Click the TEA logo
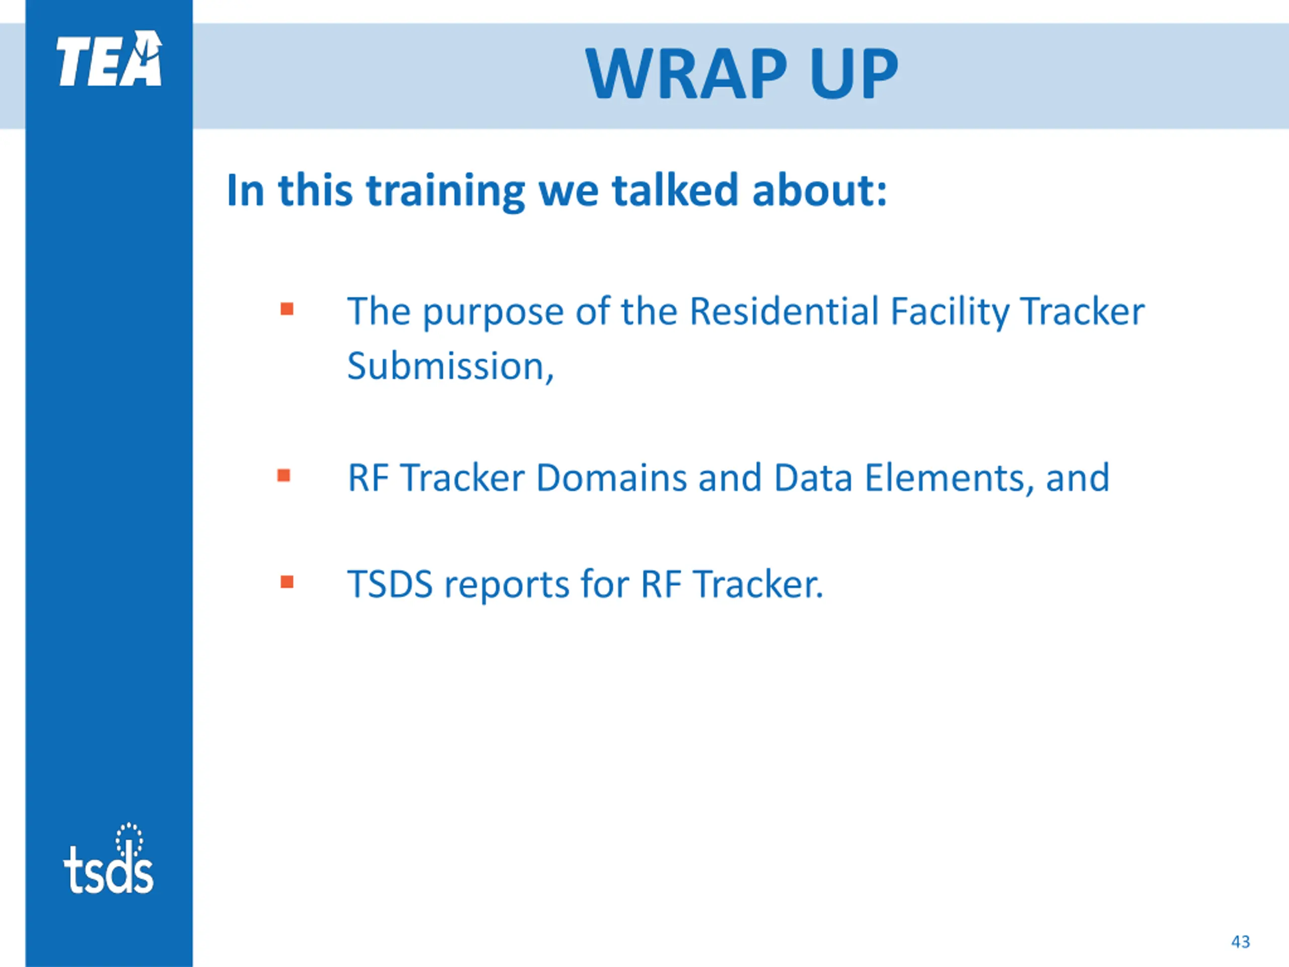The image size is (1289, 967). pos(109,58)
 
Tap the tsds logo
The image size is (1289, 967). pos(108,858)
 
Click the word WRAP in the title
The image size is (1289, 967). pos(687,74)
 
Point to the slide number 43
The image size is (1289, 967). pos(1241,942)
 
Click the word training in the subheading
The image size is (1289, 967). pos(446,191)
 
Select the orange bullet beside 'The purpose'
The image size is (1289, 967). pos(287,308)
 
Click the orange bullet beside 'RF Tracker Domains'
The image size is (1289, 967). pos(284,475)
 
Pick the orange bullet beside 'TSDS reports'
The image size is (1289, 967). pos(287,582)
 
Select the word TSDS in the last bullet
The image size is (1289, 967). pos(390,584)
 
